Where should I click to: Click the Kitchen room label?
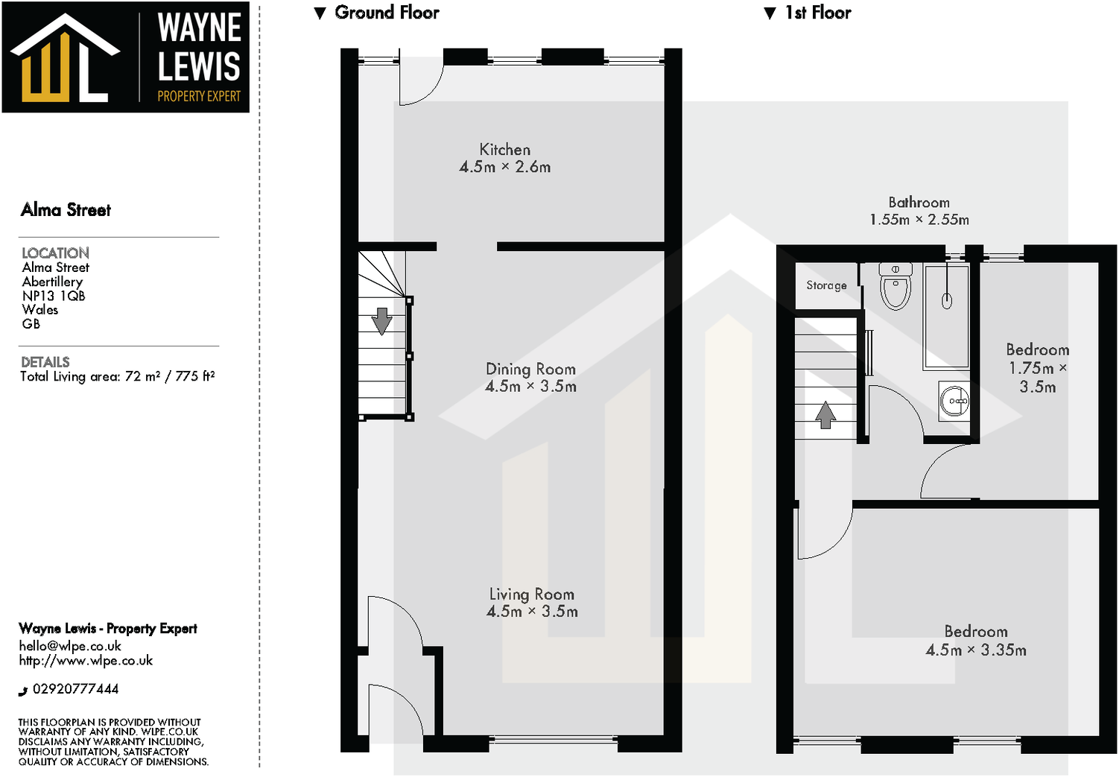click(505, 150)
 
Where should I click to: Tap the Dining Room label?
click(530, 369)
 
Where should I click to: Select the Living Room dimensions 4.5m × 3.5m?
click(532, 612)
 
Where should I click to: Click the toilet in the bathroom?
click(895, 287)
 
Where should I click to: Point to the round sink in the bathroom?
click(955, 401)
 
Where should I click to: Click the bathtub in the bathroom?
click(947, 317)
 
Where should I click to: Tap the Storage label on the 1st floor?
click(826, 285)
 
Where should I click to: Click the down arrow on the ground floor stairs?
click(381, 321)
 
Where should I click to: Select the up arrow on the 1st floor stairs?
click(825, 415)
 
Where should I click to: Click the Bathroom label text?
click(919, 203)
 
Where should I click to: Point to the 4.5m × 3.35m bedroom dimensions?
click(976, 650)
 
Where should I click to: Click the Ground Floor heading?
click(386, 13)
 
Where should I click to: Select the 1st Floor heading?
click(817, 13)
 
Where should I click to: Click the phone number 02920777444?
click(75, 689)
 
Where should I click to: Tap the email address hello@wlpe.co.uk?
click(70, 646)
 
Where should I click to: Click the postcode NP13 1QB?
click(54, 296)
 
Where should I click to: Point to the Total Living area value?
click(170, 376)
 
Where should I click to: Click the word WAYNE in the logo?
click(199, 28)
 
